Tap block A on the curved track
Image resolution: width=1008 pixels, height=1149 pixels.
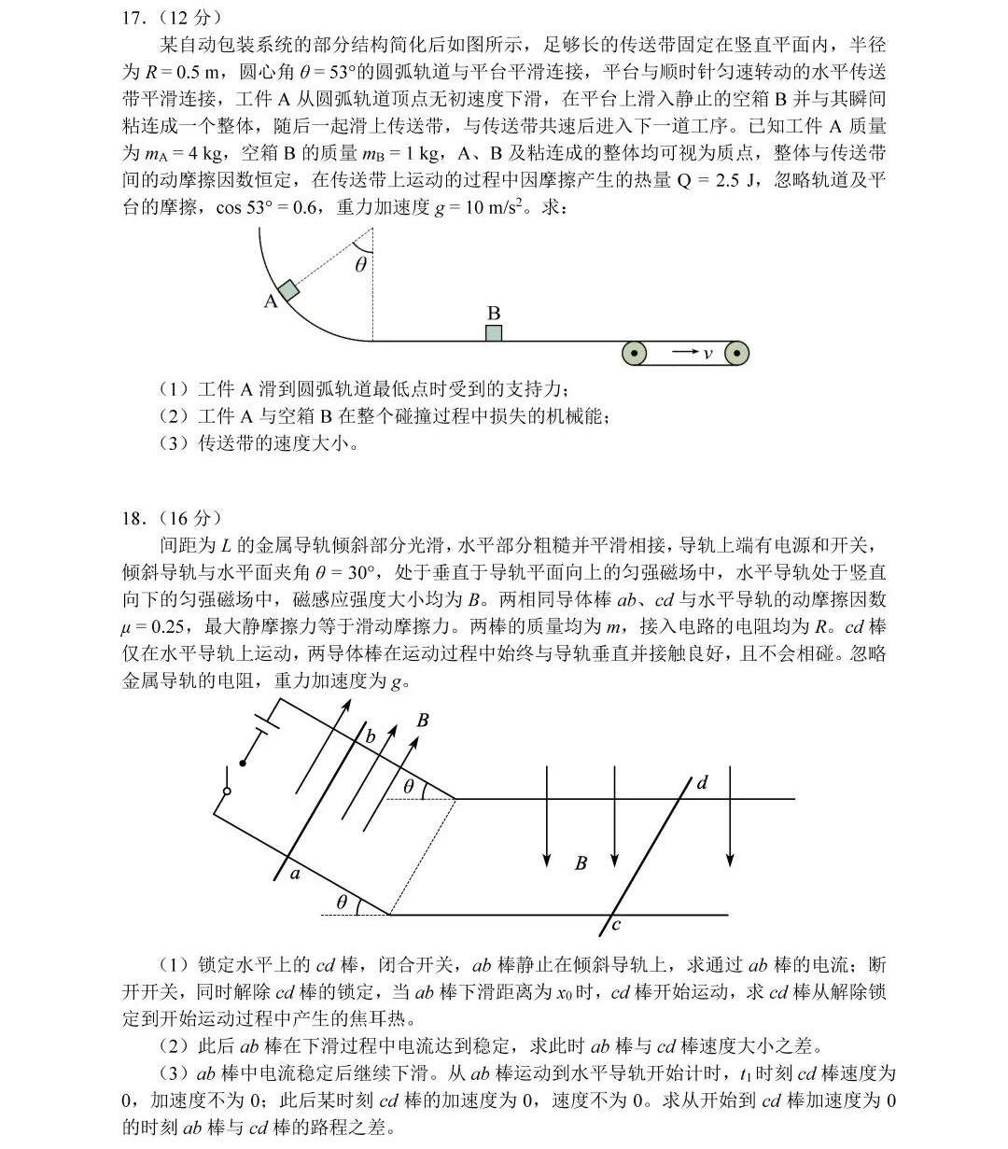pos(288,289)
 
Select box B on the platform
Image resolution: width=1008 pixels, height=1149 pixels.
pos(494,333)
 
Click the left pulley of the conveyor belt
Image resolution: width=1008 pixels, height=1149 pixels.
pos(635,353)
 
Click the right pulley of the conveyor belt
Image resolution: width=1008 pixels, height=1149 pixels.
pos(737,353)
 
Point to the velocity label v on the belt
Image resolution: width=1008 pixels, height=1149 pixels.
pos(707,353)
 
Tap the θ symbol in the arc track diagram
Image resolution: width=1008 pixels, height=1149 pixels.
pos(361,264)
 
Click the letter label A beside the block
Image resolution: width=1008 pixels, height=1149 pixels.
pos(271,301)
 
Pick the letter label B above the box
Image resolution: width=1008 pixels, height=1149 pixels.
pos(494,313)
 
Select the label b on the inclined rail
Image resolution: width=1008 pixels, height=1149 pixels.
pos(370,736)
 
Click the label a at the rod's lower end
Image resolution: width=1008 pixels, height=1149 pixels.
pos(295,874)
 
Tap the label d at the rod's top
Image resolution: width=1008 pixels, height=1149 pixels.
pos(702,783)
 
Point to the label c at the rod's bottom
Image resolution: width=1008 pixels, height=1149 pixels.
pos(616,925)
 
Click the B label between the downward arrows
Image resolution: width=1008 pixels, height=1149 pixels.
pos(581,863)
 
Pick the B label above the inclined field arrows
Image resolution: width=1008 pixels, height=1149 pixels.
pos(423,721)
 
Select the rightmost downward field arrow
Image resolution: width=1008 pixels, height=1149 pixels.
pos(731,817)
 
